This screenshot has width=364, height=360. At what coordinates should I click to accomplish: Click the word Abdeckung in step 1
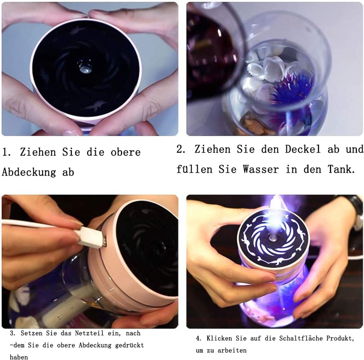pos(29,172)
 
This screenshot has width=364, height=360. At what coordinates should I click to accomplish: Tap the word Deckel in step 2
pos(303,149)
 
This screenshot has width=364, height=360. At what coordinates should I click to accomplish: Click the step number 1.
pos(6,152)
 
